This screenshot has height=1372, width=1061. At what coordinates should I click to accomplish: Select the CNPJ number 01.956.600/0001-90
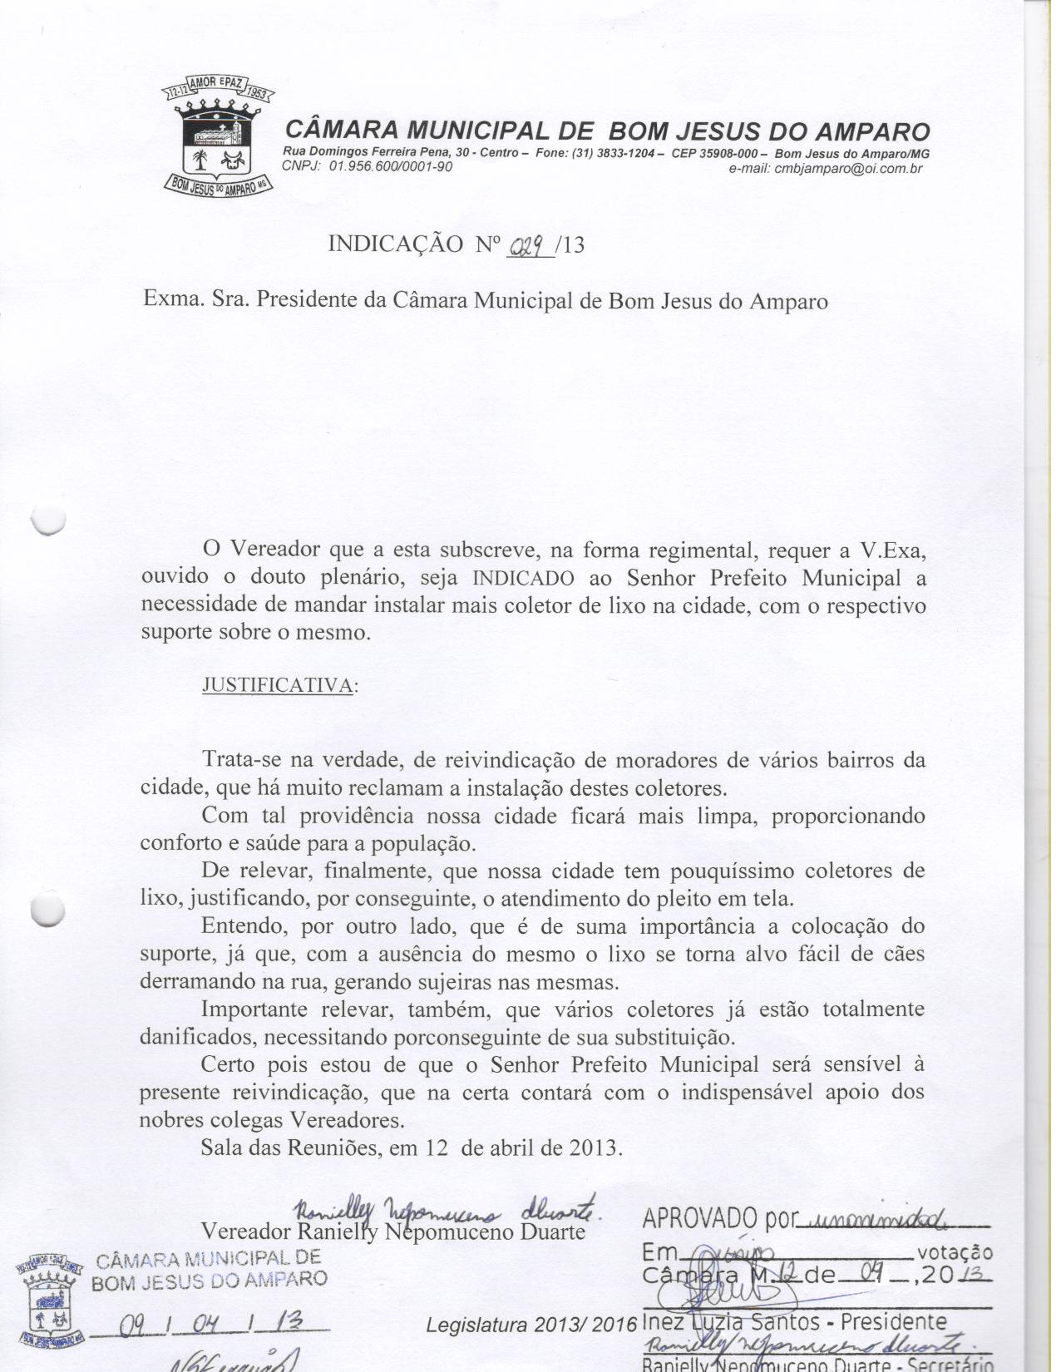390,166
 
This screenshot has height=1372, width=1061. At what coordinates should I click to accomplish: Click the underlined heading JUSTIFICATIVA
277,685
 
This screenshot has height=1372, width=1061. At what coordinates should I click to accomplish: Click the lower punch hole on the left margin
47,910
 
